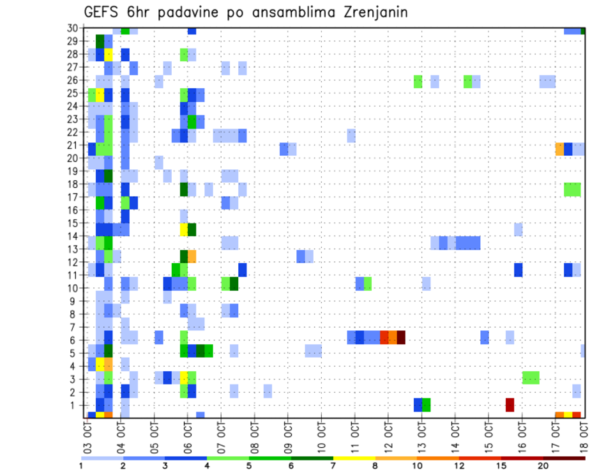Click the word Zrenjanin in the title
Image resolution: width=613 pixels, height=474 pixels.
(x=370, y=12)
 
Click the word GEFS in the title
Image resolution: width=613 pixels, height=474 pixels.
(x=104, y=12)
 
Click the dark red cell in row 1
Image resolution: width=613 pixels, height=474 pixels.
(x=510, y=404)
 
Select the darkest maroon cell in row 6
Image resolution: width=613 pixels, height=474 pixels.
(x=401, y=337)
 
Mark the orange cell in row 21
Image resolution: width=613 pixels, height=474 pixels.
(x=559, y=149)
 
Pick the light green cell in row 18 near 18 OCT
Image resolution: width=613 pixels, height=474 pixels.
(x=572, y=189)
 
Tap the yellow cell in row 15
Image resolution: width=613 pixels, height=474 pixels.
(x=184, y=229)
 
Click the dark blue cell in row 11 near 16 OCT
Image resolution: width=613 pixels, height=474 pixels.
(x=518, y=270)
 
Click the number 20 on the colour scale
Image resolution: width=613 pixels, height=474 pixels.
(x=543, y=465)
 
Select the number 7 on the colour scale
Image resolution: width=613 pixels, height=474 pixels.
(x=333, y=465)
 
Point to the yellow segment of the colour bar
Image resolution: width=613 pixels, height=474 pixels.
(x=354, y=457)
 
